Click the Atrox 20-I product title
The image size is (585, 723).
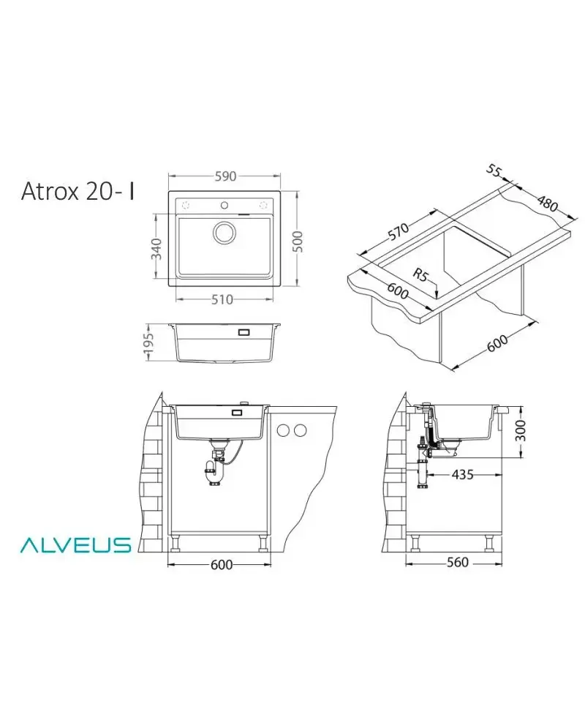78,191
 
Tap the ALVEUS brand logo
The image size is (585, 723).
75,544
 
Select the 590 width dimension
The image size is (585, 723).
225,176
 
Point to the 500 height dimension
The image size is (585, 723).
298,241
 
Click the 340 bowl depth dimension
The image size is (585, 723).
157,249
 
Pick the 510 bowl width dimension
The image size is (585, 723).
222,300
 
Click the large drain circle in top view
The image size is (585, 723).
224,232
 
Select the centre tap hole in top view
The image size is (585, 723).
224,205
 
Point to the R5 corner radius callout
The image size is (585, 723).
420,275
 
